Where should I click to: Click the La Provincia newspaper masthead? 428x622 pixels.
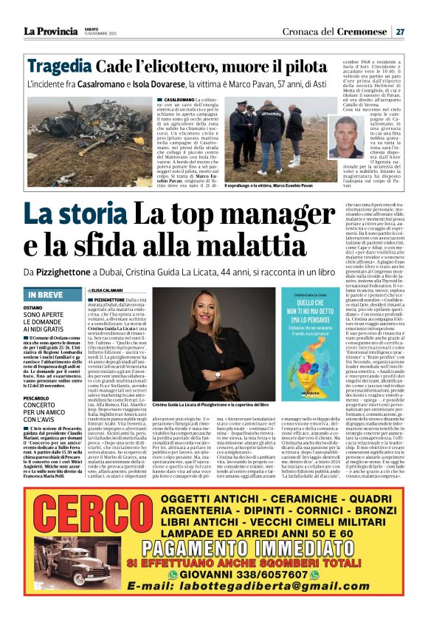click(x=49, y=31)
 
